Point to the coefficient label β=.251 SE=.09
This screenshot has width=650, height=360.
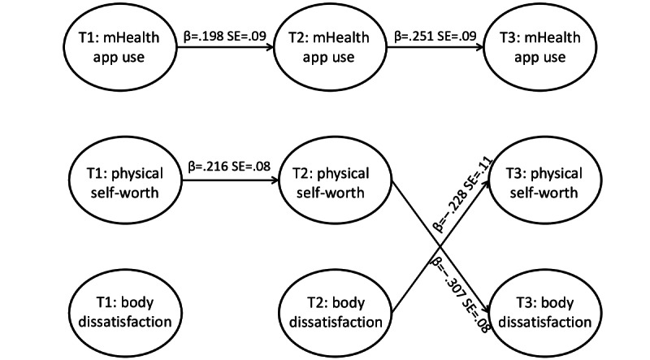[x=435, y=36]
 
